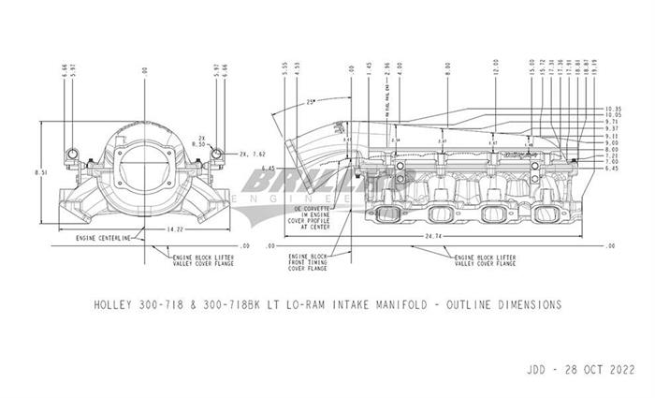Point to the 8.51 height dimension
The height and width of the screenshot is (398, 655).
point(36,172)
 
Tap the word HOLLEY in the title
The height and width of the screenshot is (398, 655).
point(119,304)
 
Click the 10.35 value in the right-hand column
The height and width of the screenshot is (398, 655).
point(588,109)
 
